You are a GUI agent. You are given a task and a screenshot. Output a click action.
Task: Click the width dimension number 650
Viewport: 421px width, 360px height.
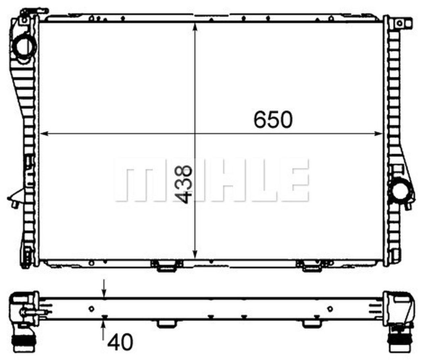click(273, 119)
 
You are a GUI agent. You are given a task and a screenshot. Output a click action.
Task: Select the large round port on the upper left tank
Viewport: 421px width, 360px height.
click(24, 48)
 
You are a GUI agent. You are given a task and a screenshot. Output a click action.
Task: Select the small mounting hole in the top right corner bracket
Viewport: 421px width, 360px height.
click(399, 23)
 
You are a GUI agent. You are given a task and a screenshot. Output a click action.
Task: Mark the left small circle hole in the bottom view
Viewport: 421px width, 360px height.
click(92, 308)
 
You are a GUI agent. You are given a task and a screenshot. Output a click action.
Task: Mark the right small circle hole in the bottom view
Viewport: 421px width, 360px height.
click(330, 308)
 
